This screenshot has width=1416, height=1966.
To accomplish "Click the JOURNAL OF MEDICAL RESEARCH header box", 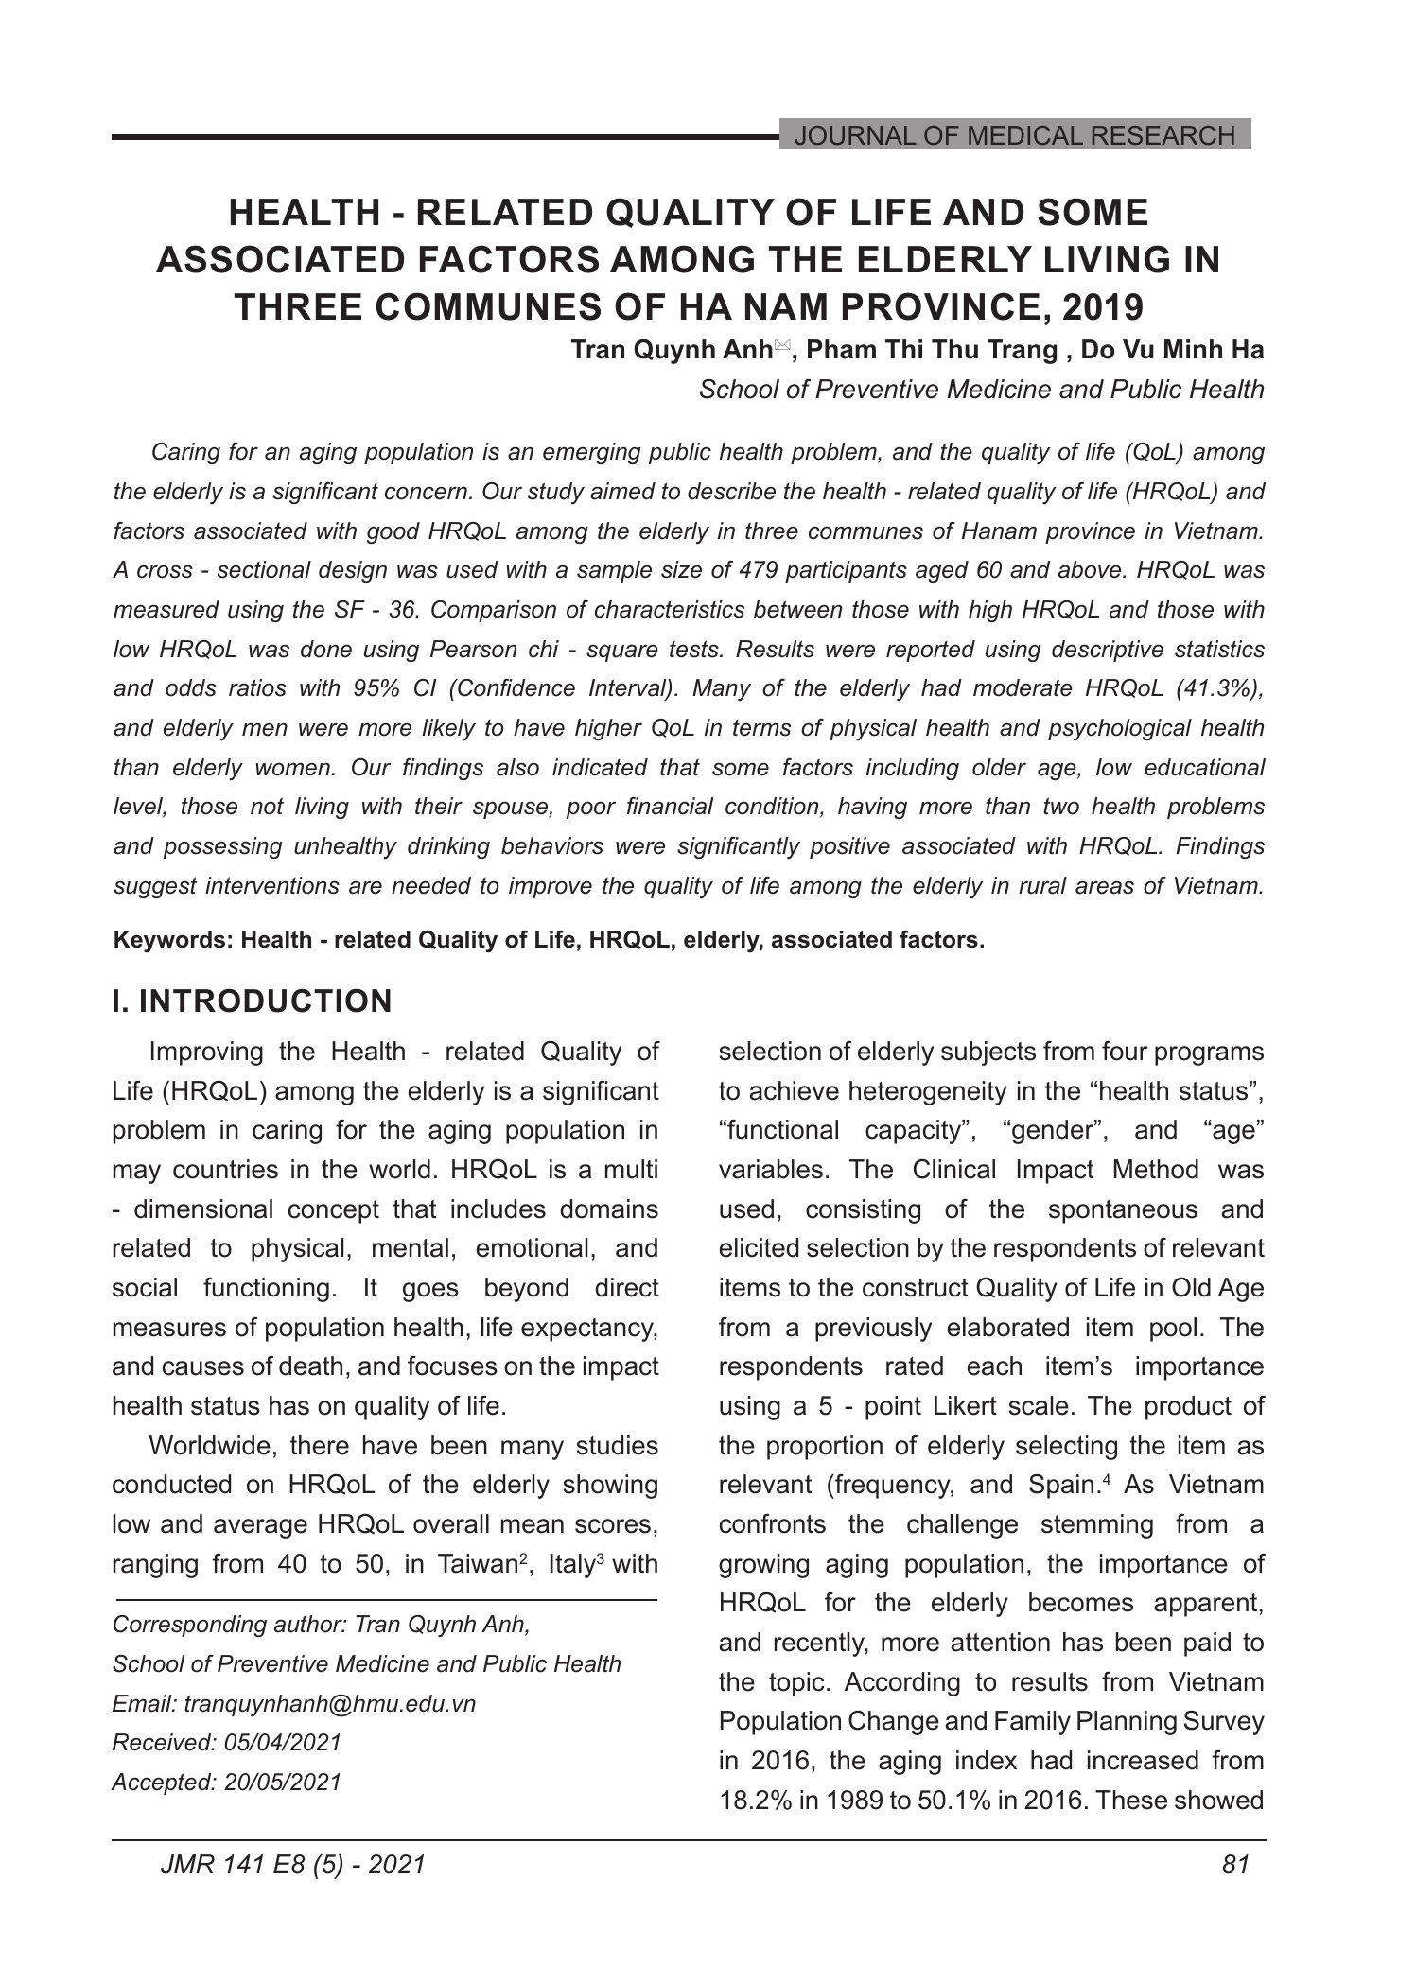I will coord(1014,135).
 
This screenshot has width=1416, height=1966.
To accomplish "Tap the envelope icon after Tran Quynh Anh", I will coord(781,347).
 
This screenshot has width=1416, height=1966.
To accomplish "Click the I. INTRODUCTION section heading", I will coord(252,1001).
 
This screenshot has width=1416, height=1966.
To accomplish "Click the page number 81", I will coord(1236,1864).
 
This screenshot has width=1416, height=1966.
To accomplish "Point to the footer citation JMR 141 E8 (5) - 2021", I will coord(293,1864).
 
